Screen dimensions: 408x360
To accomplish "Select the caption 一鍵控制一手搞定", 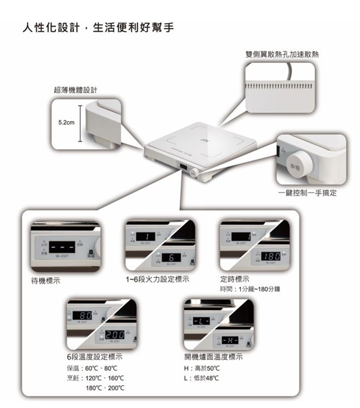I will [308, 193].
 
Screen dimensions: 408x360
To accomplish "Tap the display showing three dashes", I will [62, 247].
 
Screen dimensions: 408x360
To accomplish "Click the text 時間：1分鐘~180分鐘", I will [251, 289].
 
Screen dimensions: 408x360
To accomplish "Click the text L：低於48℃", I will [201, 378].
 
